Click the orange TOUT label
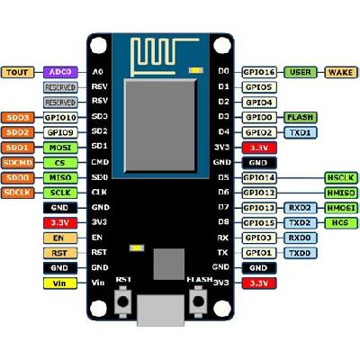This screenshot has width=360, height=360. click(x=18, y=71)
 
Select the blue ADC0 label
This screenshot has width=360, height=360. click(x=59, y=71)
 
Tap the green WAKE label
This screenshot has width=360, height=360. click(x=340, y=71)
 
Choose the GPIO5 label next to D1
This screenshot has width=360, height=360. click(x=257, y=86)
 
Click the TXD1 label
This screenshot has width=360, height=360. click(x=301, y=131)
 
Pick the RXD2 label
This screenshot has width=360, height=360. click(x=301, y=207)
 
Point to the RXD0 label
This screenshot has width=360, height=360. click(x=301, y=238)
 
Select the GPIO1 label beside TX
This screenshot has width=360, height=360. click(x=257, y=253)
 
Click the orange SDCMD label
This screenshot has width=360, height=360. click(x=18, y=162)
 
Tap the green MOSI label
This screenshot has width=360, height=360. click(x=59, y=147)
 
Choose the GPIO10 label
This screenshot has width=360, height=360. click(x=59, y=117)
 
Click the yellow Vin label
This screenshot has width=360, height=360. click(x=18, y=283)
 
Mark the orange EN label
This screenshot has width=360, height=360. click(x=18, y=238)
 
